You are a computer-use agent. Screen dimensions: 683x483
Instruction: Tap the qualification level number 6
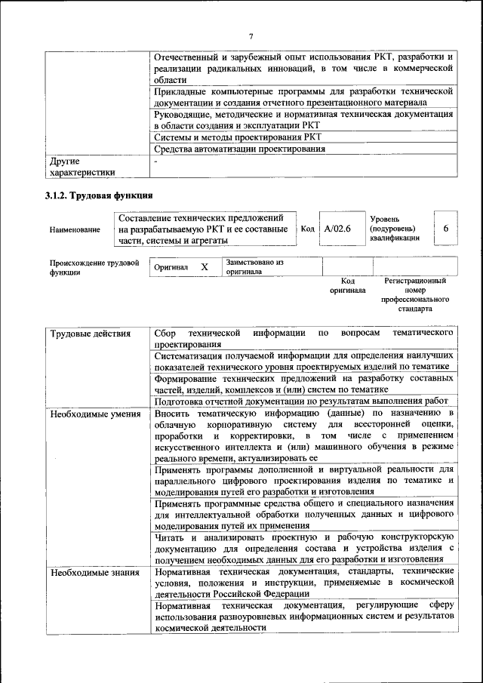point(445,228)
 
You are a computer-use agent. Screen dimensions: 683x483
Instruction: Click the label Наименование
point(74,229)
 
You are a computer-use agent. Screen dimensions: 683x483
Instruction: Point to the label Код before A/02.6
point(308,228)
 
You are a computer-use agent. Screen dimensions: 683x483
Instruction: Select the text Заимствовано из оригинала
point(254,266)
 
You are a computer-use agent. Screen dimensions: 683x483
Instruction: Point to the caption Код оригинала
point(347,285)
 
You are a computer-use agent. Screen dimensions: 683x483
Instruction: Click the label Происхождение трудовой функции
point(94,267)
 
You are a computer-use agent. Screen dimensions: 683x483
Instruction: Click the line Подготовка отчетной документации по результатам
point(301,401)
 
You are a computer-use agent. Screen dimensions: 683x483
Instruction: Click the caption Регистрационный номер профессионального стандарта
point(415,294)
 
